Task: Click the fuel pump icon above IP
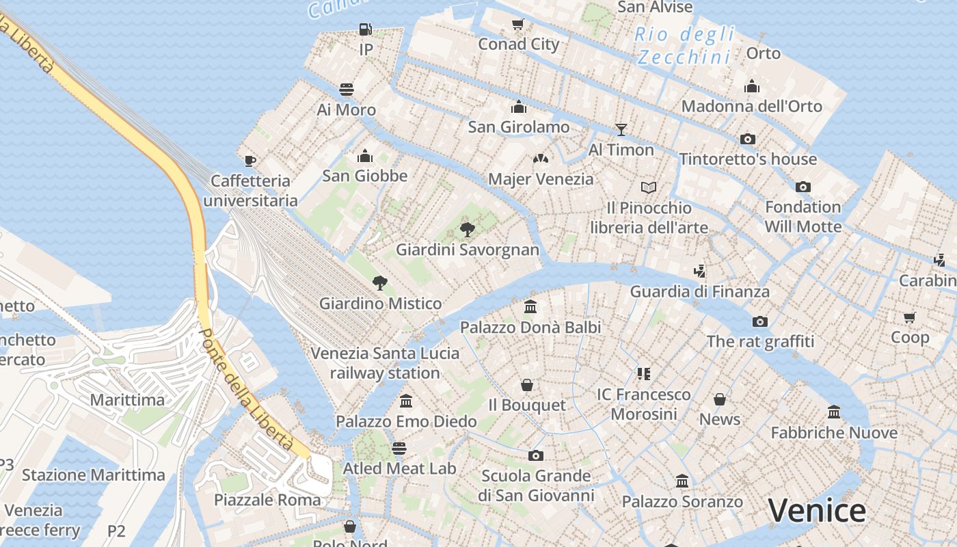366,29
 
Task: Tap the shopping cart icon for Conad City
518,25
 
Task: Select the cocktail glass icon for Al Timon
621,129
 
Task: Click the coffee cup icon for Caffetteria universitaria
250,161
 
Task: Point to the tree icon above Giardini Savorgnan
468,229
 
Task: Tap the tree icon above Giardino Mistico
380,283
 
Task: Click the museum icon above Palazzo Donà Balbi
530,306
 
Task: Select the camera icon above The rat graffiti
759,321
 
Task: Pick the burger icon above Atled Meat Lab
399,448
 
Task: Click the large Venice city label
817,511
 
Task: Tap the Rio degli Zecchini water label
686,45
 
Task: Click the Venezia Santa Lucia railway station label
385,363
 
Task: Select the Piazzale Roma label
267,500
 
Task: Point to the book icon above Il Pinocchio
649,187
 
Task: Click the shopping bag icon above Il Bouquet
527,385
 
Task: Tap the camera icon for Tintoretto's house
748,139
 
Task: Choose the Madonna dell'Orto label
752,106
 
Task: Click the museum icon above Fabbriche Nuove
834,412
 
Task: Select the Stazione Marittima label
94,475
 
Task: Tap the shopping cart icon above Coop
910,317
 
